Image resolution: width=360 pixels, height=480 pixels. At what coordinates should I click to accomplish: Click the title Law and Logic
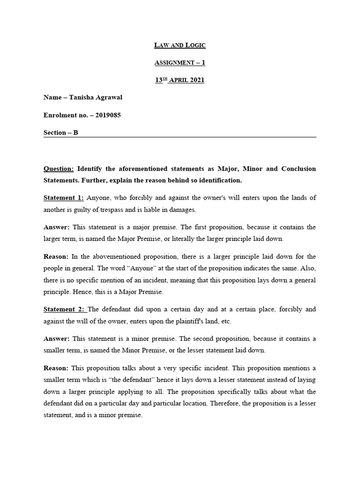pyautogui.click(x=180, y=45)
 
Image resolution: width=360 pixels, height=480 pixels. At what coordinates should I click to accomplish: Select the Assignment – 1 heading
pyautogui.click(x=180, y=62)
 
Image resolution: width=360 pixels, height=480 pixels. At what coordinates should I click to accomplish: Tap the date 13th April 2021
pyautogui.click(x=180, y=80)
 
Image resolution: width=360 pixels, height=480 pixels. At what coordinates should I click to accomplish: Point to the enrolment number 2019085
pyautogui.click(x=108, y=115)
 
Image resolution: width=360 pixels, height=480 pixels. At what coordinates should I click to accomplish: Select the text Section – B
pyautogui.click(x=61, y=133)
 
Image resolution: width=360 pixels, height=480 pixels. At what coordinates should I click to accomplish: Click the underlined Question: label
pyautogui.click(x=59, y=168)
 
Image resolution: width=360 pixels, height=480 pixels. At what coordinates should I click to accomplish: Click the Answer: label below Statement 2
pyautogui.click(x=56, y=339)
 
